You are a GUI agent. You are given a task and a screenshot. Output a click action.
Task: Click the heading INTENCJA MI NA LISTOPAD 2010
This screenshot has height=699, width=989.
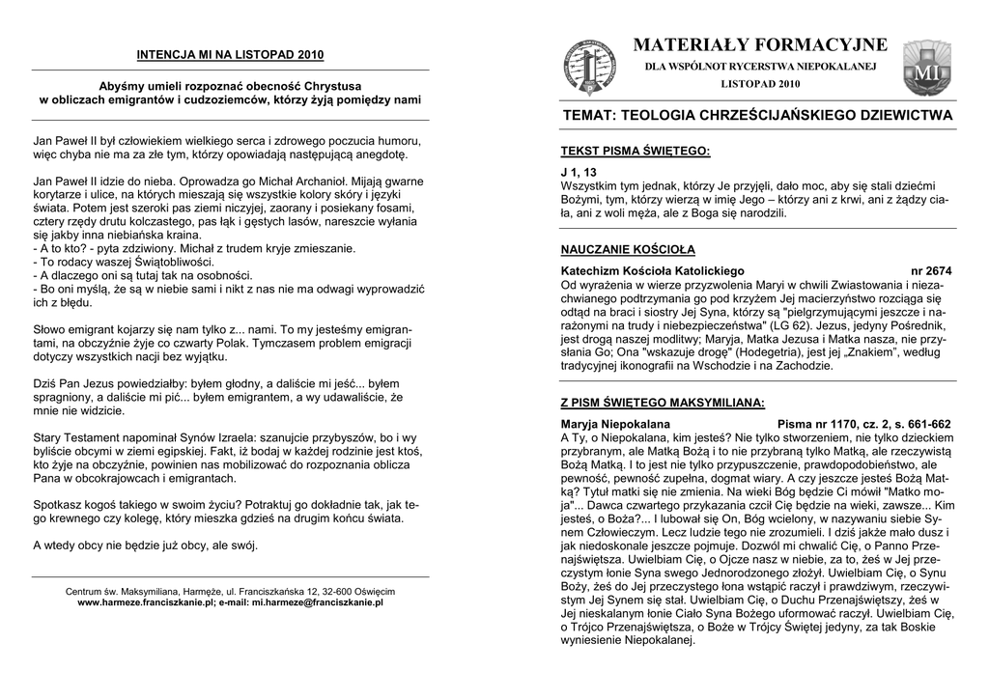(x=230, y=54)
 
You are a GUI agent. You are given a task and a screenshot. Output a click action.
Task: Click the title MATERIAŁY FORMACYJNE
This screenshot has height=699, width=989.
(x=760, y=45)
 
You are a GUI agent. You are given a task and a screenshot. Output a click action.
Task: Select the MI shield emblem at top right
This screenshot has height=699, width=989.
(x=926, y=68)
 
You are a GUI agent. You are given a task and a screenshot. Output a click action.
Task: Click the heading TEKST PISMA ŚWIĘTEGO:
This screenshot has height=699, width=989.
(x=636, y=152)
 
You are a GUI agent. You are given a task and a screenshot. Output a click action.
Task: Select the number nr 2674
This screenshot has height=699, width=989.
(x=931, y=271)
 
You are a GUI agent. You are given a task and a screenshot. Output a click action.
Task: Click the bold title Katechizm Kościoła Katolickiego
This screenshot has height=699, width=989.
(x=653, y=271)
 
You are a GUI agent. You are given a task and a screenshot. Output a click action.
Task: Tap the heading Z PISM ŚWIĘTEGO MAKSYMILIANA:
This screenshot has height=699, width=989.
(x=663, y=403)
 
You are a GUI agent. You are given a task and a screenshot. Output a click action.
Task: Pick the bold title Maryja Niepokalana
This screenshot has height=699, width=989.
(x=615, y=424)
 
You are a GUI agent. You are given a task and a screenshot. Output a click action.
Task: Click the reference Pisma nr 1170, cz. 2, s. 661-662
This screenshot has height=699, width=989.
(x=863, y=424)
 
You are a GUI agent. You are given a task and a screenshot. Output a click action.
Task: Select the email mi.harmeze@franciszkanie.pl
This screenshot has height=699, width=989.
(x=318, y=601)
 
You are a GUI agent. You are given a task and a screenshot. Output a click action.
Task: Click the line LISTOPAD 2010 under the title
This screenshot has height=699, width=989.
(x=760, y=84)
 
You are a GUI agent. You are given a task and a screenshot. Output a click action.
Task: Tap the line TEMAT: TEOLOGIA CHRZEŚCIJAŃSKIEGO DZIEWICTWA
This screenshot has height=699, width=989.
(x=757, y=115)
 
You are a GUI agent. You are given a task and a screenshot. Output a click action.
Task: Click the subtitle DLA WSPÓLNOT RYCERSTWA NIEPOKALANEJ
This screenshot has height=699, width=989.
(x=760, y=67)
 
